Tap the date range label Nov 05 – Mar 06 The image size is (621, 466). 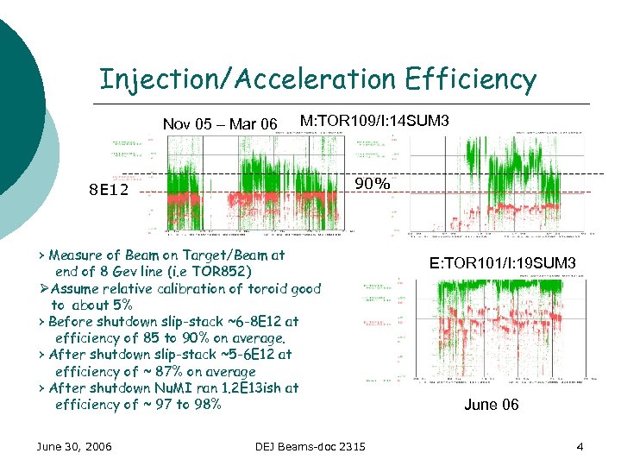(220, 124)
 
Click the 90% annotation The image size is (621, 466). (373, 184)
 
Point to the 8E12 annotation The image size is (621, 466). (109, 190)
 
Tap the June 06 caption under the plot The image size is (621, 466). (491, 405)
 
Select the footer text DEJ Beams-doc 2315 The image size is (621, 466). (310, 445)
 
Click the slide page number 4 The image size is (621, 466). (580, 445)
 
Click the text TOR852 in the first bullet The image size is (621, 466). (221, 272)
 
